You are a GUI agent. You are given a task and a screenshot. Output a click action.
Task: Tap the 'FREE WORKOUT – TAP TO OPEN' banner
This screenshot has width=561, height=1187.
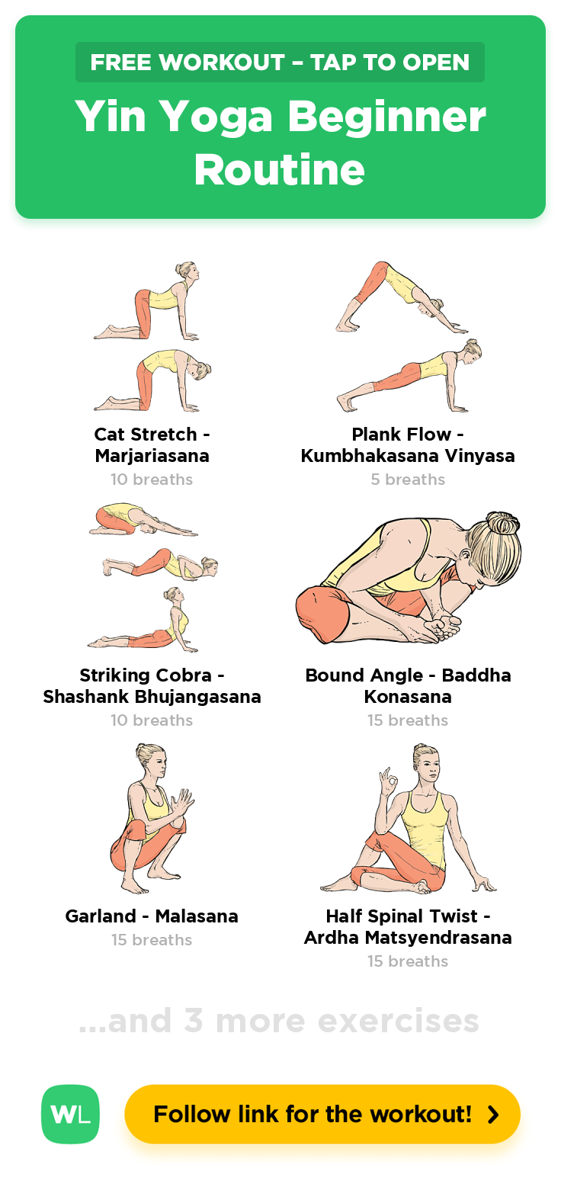pyautogui.click(x=280, y=62)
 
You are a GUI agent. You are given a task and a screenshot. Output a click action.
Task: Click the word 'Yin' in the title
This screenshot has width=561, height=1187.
pyautogui.click(x=111, y=117)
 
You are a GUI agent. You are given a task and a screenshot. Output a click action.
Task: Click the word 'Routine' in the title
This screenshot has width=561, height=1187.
pyautogui.click(x=280, y=170)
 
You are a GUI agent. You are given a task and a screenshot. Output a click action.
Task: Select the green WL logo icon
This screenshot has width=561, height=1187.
pyautogui.click(x=70, y=1114)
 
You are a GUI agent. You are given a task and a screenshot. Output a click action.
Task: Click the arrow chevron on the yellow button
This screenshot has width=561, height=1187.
pyautogui.click(x=493, y=1115)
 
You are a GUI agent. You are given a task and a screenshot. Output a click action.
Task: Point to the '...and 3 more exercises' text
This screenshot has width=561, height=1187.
pyautogui.click(x=279, y=1020)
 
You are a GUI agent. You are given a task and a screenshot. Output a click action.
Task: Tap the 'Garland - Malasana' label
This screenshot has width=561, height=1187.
pyautogui.click(x=152, y=916)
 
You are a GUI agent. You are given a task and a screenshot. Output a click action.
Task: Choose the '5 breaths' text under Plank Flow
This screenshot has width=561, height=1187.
pyautogui.click(x=408, y=479)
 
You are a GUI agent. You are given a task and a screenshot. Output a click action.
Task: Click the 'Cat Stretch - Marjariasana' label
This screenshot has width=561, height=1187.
pyautogui.click(x=152, y=444)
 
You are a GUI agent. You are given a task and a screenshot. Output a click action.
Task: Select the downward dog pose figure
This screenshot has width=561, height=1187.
pyautogui.click(x=400, y=297)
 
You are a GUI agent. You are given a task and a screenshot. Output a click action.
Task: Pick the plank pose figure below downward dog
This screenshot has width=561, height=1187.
pyautogui.click(x=409, y=375)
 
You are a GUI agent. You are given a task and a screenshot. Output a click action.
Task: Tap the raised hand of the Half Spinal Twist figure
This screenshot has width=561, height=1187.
pyautogui.click(x=390, y=779)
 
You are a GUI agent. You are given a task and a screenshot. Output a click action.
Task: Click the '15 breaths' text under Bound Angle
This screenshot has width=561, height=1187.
pyautogui.click(x=408, y=720)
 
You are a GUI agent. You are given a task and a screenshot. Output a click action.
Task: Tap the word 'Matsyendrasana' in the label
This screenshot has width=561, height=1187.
pyautogui.click(x=438, y=938)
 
